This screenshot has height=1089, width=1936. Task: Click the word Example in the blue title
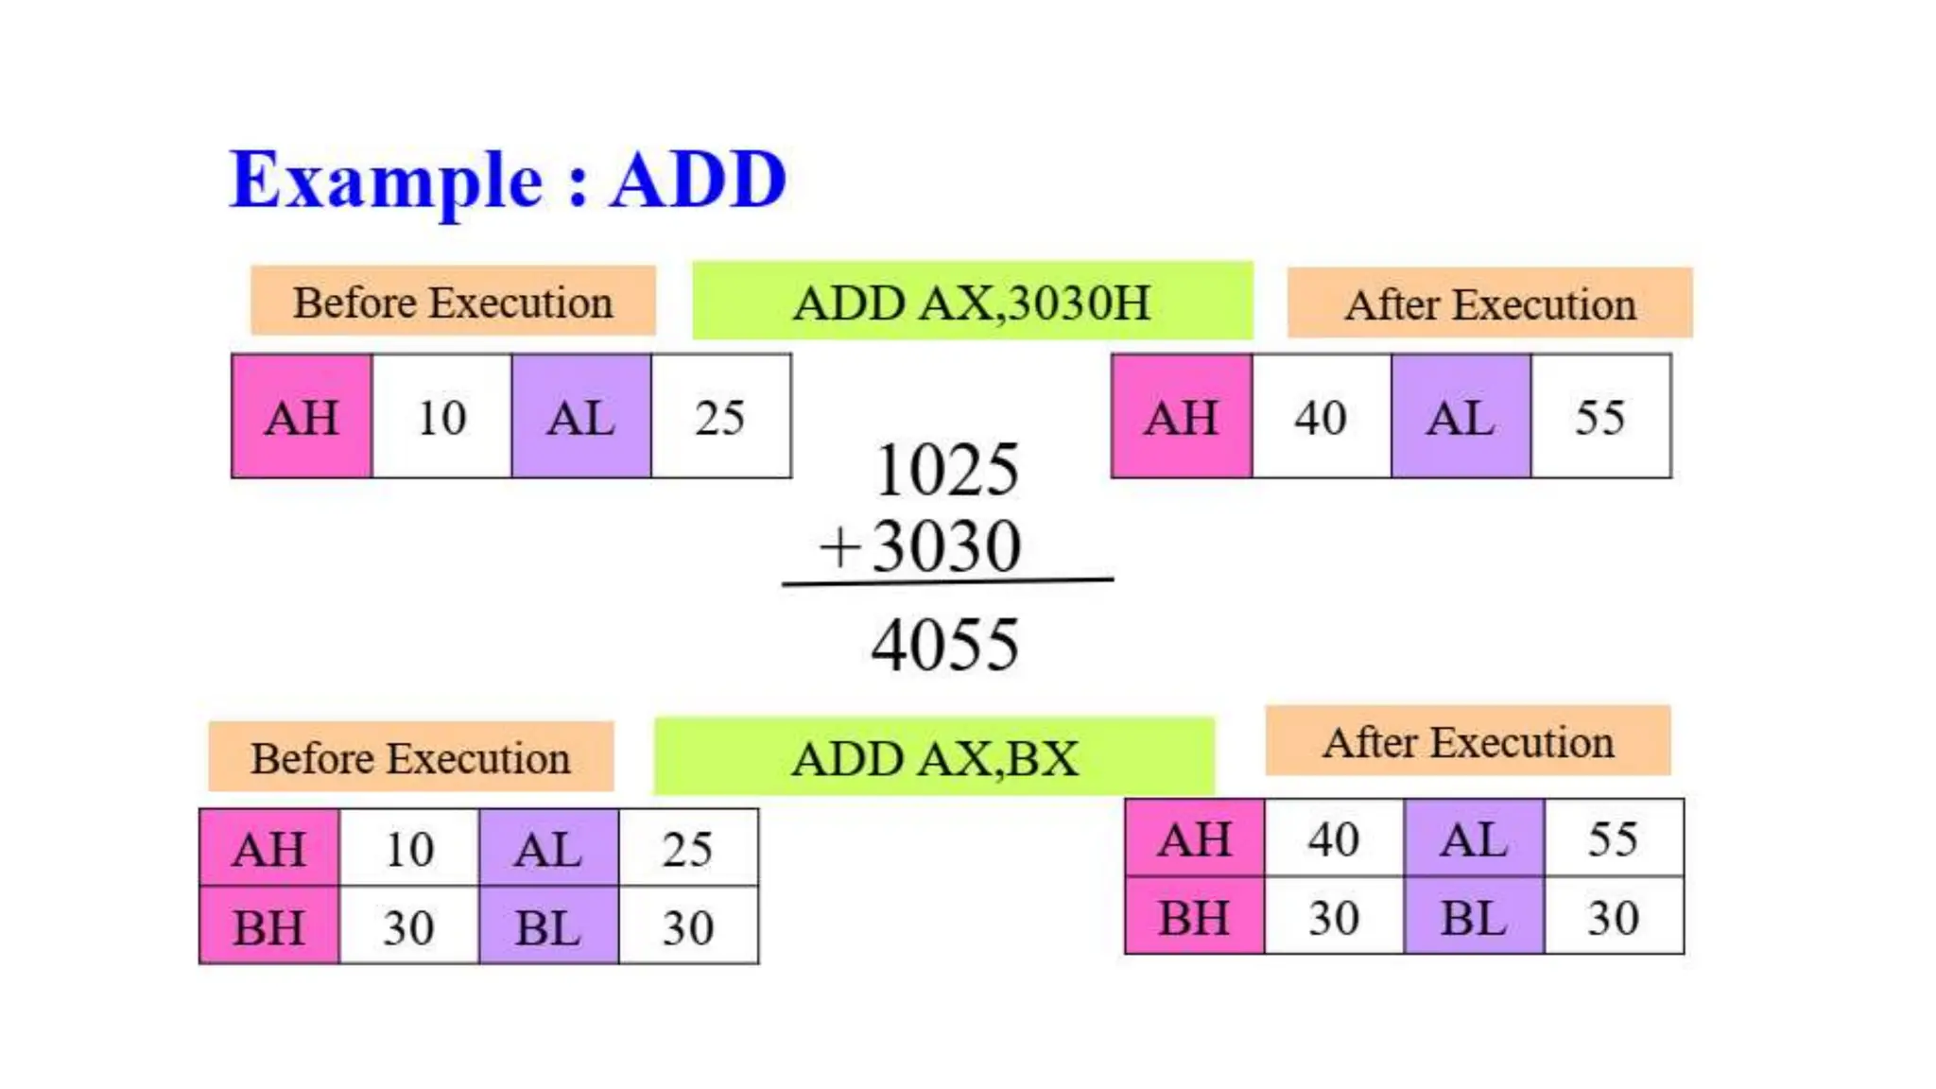[386, 181]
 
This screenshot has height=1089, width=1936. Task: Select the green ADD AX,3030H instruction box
[972, 302]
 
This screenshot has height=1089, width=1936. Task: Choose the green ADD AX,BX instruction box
[934, 757]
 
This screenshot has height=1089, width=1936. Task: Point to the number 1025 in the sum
[947, 470]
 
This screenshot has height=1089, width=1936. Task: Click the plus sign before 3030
[838, 547]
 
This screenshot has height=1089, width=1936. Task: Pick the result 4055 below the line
[945, 646]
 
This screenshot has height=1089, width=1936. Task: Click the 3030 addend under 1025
[947, 547]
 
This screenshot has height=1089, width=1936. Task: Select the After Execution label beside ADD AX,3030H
[1490, 303]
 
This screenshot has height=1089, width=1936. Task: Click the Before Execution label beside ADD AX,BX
[410, 757]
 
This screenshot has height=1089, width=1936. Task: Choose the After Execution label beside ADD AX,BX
[1468, 742]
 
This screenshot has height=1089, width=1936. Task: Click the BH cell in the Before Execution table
[269, 926]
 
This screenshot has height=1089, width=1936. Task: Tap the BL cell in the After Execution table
[1474, 917]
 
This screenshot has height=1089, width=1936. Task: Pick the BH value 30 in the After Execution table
[1334, 917]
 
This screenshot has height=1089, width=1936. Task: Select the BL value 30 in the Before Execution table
[687, 926]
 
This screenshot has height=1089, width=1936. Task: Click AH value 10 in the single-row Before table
[441, 417]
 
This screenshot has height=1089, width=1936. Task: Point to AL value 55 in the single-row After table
[1600, 417]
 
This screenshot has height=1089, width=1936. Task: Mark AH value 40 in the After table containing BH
[1334, 838]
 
